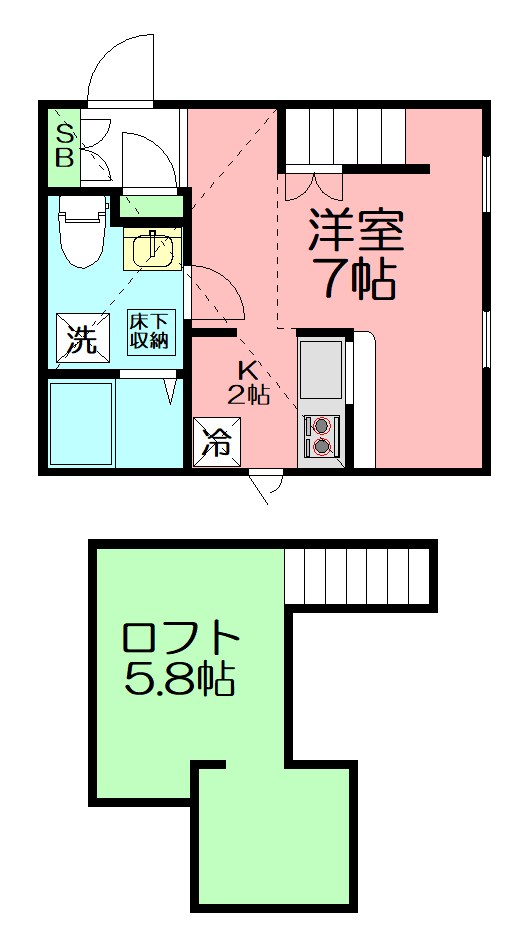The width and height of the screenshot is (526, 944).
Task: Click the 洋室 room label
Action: (x=355, y=233)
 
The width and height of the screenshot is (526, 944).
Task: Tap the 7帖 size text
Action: (x=355, y=281)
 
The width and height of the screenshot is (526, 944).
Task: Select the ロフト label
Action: (x=181, y=638)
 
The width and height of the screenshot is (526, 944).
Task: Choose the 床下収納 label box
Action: (x=150, y=331)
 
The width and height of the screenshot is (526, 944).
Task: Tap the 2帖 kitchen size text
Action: (x=248, y=394)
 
